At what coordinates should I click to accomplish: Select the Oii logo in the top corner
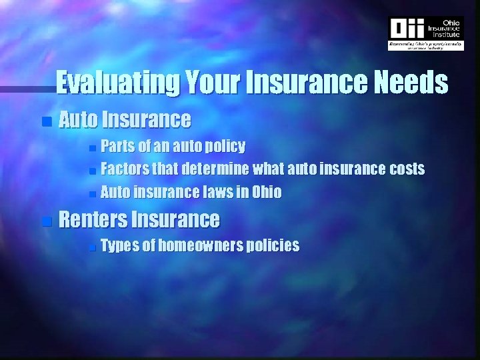tap(407, 29)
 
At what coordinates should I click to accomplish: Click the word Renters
tap(93, 219)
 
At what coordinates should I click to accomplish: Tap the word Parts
tap(117, 146)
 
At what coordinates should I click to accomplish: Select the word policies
tap(273, 246)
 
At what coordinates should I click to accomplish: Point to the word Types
tap(120, 246)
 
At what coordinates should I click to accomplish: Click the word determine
tap(215, 169)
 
